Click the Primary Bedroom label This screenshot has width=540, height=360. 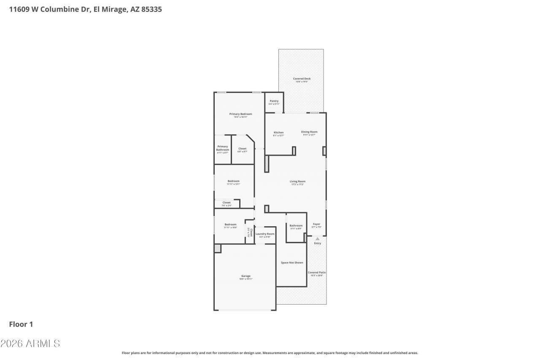[240, 114]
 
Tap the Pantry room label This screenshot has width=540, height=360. [274, 101]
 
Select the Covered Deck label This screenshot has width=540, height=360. [302, 79]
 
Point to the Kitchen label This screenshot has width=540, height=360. [278, 133]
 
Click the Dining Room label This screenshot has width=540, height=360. [309, 132]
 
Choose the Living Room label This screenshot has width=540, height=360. [297, 181]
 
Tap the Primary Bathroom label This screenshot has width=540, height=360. [222, 148]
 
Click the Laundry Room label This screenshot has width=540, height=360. [265, 234]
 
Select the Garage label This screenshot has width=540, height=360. [246, 276]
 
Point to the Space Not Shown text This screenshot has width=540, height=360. [292, 263]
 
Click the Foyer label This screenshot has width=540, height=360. [316, 224]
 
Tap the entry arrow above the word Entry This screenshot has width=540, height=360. [318, 239]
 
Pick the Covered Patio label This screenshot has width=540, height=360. [316, 273]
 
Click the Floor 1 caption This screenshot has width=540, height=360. [21, 324]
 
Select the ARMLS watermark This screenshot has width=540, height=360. [30, 344]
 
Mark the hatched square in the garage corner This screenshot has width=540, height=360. [218, 249]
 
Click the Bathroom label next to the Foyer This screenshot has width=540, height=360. [296, 226]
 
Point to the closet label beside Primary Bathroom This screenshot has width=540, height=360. [242, 149]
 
